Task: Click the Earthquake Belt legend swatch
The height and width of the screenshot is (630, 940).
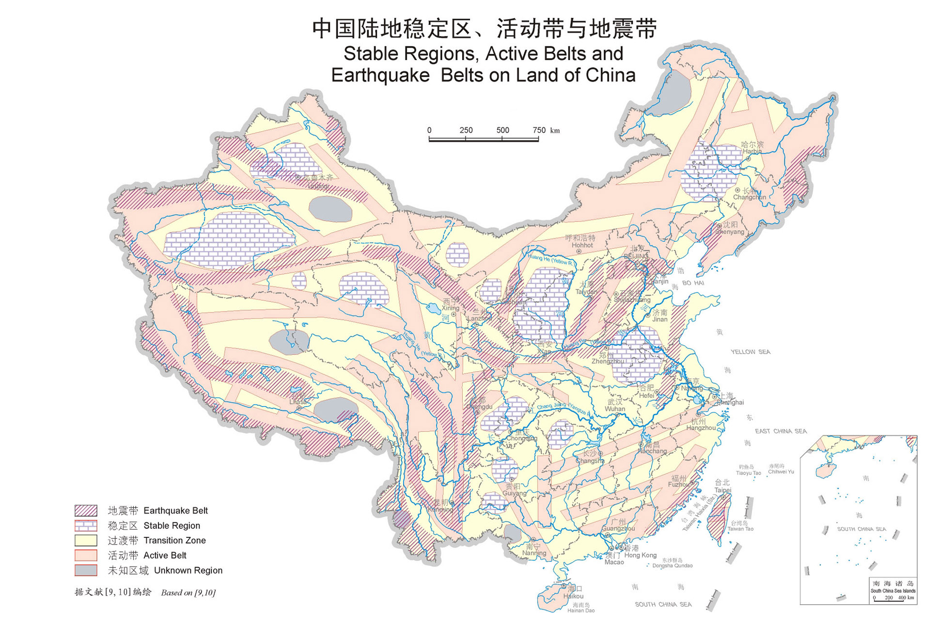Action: coord(86,510)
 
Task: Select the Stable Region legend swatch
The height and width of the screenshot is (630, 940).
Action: coord(86,525)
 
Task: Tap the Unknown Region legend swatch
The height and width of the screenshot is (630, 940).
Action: coord(86,570)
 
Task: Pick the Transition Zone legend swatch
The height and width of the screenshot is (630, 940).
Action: coord(86,540)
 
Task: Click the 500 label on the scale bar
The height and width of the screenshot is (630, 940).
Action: coord(502,130)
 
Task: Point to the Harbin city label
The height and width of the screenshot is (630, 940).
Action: coord(752,151)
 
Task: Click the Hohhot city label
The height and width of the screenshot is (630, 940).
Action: coord(582,245)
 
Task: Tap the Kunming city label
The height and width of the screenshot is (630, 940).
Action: coord(440,509)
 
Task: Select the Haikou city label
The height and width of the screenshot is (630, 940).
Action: coord(573,596)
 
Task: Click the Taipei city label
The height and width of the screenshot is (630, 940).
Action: coord(722,490)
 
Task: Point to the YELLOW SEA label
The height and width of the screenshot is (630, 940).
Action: coord(750,352)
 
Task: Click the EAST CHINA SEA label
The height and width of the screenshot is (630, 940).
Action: coord(781,431)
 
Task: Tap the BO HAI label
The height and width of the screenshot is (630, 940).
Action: coord(693,283)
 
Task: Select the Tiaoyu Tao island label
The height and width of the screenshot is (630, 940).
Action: coord(748,473)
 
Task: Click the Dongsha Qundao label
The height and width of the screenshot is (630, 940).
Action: coord(672,566)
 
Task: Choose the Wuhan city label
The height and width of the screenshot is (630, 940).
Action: coord(614,409)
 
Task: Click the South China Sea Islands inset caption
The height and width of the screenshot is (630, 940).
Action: coord(893,591)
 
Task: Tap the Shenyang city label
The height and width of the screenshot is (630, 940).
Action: coord(730,232)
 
